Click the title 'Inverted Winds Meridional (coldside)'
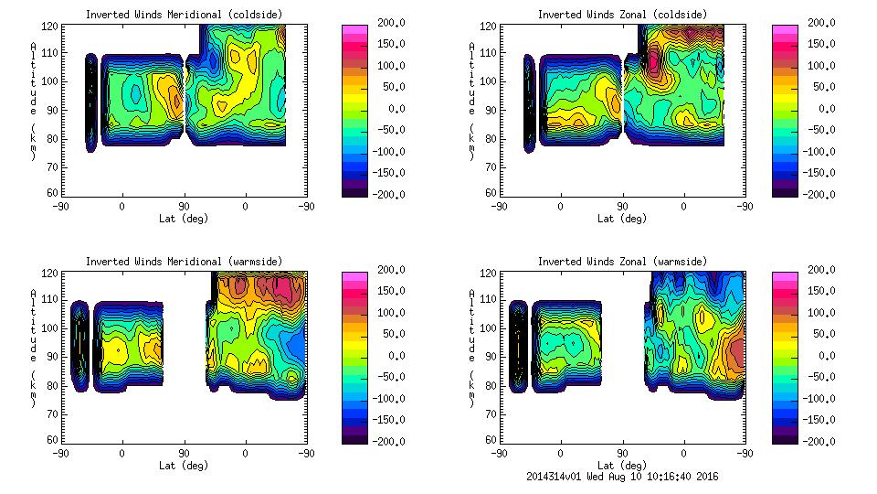[x=183, y=14]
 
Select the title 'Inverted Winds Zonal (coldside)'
[x=621, y=14]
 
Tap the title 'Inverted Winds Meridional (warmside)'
[x=183, y=261]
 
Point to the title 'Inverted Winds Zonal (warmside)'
[x=621, y=261]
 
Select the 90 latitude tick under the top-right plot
[x=623, y=207]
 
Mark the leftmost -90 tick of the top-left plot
[x=60, y=207]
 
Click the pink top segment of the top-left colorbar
[x=354, y=29]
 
